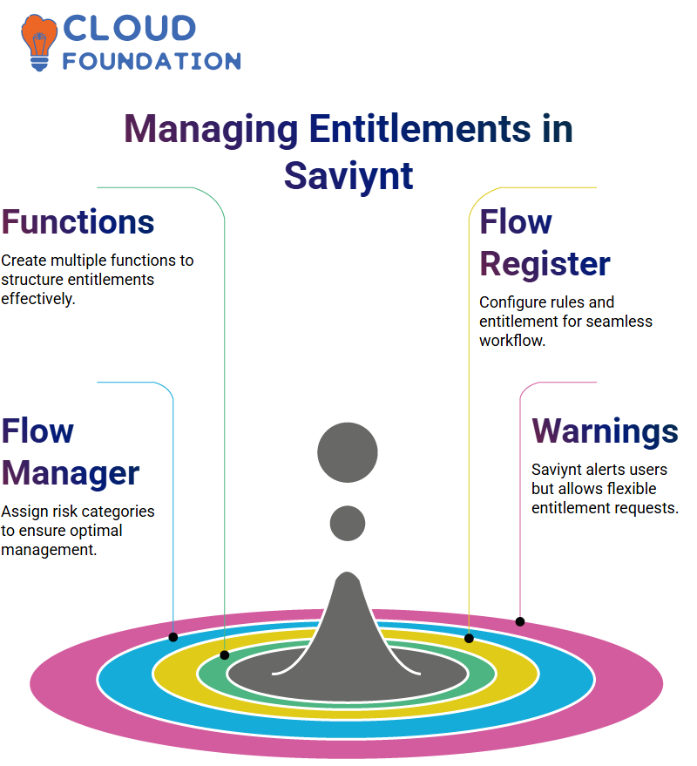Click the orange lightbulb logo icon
[38, 43]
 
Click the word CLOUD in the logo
[130, 29]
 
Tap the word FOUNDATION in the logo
[152, 61]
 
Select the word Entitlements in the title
[420, 129]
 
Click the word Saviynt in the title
[348, 177]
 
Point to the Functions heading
[78, 222]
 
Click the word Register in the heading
[545, 265]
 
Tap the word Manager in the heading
[71, 474]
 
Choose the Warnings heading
[606, 432]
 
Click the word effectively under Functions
[38, 299]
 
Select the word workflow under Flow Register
[512, 341]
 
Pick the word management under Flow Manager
[49, 550]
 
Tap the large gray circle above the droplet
[348, 452]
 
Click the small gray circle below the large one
[348, 523]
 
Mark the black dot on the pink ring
[520, 622]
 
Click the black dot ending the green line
[225, 655]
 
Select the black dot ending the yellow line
[469, 638]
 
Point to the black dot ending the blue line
[173, 637]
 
